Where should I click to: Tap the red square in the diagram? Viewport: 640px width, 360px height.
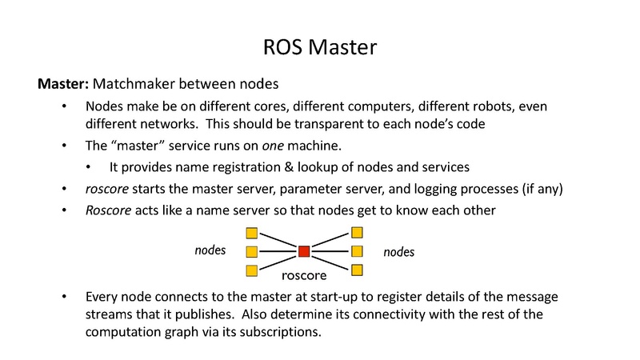304,251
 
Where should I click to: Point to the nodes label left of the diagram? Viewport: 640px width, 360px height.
210,250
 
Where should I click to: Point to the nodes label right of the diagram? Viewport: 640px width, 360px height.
398,252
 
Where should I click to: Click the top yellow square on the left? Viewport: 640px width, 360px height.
251,234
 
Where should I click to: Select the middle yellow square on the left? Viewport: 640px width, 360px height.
251,252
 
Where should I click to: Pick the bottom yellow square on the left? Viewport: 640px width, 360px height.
251,270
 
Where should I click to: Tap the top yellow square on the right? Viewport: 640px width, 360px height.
357,233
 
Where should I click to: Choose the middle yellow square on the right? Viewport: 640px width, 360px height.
357,251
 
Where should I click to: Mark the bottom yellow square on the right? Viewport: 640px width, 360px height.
357,270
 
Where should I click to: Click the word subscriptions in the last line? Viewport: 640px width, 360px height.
281,330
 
